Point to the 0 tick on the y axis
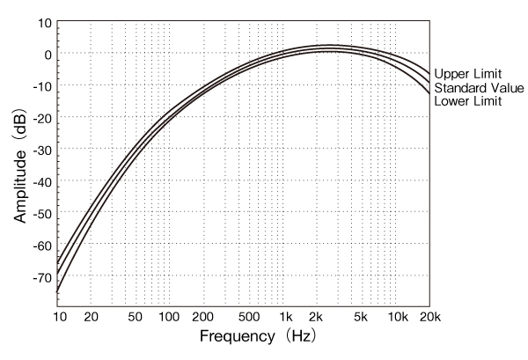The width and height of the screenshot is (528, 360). click(47, 54)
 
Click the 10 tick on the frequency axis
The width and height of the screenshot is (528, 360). click(59, 316)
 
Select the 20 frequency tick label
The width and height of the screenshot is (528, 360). click(91, 316)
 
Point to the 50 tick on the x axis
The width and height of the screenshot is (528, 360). click(135, 316)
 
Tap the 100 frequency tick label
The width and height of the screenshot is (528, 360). click(169, 316)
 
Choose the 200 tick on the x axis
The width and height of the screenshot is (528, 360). click(203, 316)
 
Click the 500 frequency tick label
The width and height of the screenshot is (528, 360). click(249, 316)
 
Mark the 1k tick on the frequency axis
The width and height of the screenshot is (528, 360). click(285, 316)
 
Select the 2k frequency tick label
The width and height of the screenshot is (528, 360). click(318, 316)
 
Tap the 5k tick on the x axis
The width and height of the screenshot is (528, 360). click(362, 316)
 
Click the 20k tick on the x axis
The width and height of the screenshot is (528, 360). click(429, 316)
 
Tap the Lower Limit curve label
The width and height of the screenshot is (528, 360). click(467, 101)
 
